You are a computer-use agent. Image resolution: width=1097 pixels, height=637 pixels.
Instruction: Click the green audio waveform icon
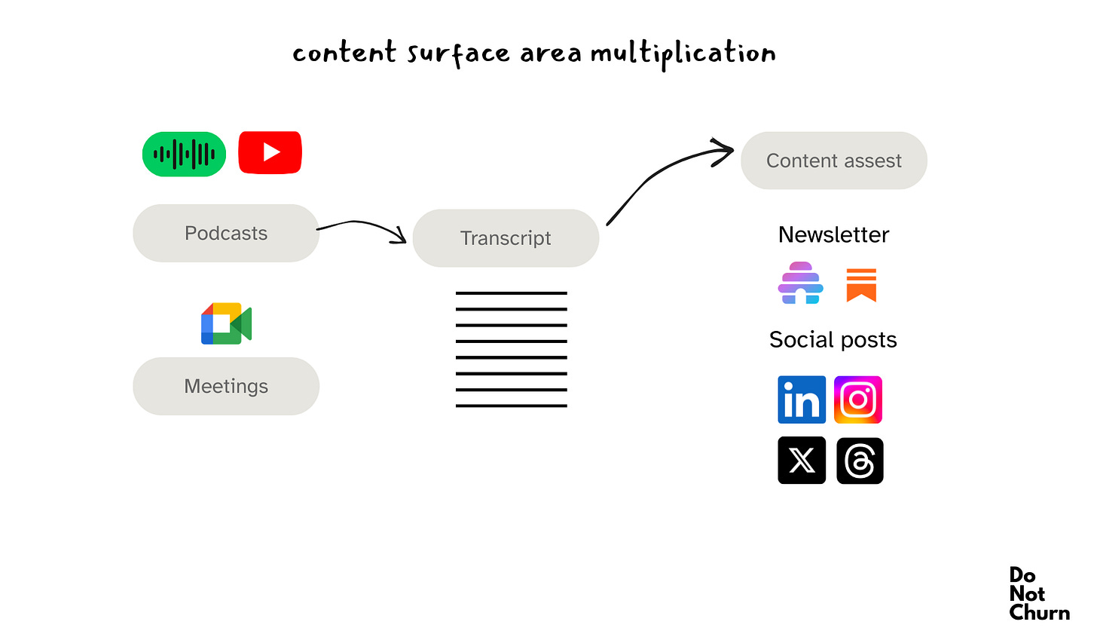click(x=184, y=155)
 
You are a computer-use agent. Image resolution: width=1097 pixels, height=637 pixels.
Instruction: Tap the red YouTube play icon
click(x=270, y=153)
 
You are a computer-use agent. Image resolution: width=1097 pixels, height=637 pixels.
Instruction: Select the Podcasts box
click(x=226, y=234)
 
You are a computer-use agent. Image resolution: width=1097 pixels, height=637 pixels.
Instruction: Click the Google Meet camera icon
click(x=226, y=324)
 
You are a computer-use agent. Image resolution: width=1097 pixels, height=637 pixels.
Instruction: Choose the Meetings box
click(x=226, y=386)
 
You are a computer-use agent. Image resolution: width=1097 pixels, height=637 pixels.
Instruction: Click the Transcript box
click(x=506, y=238)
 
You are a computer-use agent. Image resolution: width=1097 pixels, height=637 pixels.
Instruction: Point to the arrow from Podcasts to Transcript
click(x=362, y=225)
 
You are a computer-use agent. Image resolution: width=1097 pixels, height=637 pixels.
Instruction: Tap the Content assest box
click(x=833, y=161)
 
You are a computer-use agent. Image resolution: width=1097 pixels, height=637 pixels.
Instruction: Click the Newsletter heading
click(x=833, y=234)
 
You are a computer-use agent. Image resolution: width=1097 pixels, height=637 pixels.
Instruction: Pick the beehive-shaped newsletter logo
click(x=800, y=283)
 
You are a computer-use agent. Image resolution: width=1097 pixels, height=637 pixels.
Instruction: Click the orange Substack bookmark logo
click(x=861, y=285)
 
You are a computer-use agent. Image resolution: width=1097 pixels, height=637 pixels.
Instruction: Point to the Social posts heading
click(x=833, y=340)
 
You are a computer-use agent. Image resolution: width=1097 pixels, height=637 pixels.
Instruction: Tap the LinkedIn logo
click(x=802, y=400)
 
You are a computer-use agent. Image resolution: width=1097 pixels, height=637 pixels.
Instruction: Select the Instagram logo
click(x=858, y=400)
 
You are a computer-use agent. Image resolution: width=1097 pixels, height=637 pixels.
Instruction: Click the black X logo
click(x=802, y=460)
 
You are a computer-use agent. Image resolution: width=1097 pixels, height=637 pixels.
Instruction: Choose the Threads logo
click(x=860, y=461)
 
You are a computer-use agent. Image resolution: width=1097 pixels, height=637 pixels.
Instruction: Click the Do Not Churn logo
click(x=1038, y=594)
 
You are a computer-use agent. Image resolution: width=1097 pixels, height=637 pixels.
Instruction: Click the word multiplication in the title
click(x=683, y=54)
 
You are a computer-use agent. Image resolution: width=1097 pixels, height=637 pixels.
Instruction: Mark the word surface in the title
click(x=458, y=54)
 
